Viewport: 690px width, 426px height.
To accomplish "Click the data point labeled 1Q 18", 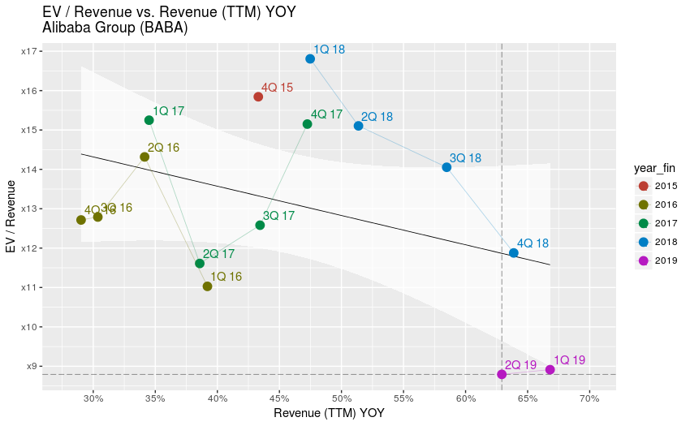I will (x=310, y=58).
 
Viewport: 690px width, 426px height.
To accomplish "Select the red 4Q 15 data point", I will (x=258, y=97).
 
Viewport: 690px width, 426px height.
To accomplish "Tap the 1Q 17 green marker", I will (x=149, y=120).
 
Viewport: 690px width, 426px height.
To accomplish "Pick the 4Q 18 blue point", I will (x=514, y=253).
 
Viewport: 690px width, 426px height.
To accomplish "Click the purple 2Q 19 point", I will (x=502, y=374).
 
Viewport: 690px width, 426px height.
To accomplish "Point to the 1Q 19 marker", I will (x=550, y=370).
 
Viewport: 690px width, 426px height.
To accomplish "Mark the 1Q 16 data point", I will (x=207, y=286).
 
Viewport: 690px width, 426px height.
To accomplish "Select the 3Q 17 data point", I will (x=260, y=225).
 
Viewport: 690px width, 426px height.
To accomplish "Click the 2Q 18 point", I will (x=358, y=126).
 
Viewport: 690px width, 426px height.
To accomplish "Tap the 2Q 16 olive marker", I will (x=144, y=157).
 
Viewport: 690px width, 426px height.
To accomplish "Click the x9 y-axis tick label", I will (x=32, y=366).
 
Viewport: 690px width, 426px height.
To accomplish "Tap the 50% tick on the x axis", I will (x=342, y=398).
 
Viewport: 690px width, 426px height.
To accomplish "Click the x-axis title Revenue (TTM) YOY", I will (x=329, y=413).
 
